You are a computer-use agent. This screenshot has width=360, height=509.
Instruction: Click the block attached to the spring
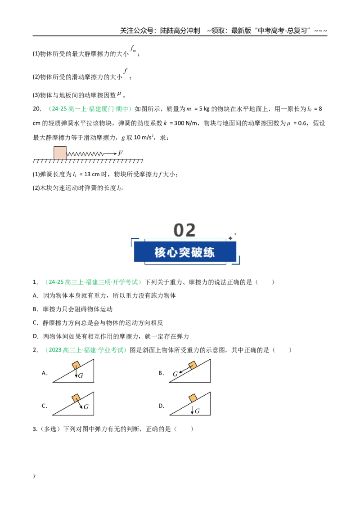click(x=60, y=153)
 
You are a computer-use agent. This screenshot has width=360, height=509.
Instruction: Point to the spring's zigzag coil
click(x=85, y=153)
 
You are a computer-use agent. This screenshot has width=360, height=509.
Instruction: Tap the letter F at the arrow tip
click(x=121, y=153)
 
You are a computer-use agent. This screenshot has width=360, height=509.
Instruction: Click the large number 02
click(x=184, y=230)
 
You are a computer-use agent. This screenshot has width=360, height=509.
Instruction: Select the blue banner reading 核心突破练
click(x=185, y=252)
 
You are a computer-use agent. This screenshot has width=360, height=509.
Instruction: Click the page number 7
click(x=34, y=476)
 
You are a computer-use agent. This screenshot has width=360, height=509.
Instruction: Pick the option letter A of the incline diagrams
click(x=45, y=373)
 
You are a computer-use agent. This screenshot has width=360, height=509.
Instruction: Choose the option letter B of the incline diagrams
click(x=161, y=373)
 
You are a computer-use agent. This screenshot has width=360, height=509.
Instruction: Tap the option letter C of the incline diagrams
click(x=45, y=406)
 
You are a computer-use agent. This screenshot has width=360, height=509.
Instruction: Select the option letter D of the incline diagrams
click(x=161, y=406)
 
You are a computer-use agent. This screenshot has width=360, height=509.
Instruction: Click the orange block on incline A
click(x=76, y=365)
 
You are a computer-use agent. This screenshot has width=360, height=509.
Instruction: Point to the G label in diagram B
click(x=175, y=374)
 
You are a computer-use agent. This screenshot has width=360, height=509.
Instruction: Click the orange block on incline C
click(x=76, y=397)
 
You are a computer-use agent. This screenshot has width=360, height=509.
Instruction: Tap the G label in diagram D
click(x=197, y=411)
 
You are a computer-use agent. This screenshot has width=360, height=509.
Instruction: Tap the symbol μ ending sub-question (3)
click(x=119, y=94)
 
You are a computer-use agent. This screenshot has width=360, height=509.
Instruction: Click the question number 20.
click(x=36, y=109)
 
